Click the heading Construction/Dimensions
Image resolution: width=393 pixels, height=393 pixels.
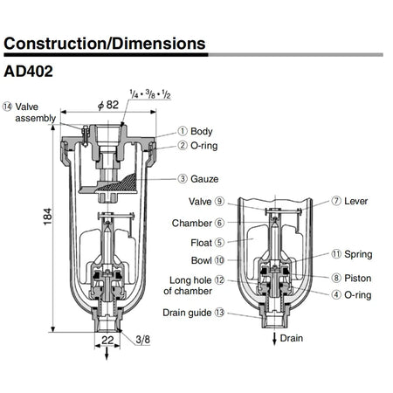[105, 43]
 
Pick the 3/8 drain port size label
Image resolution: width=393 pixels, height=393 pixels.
[140, 338]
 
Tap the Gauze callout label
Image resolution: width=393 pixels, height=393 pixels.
[197, 178]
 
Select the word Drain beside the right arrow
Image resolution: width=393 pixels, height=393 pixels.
[291, 338]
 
